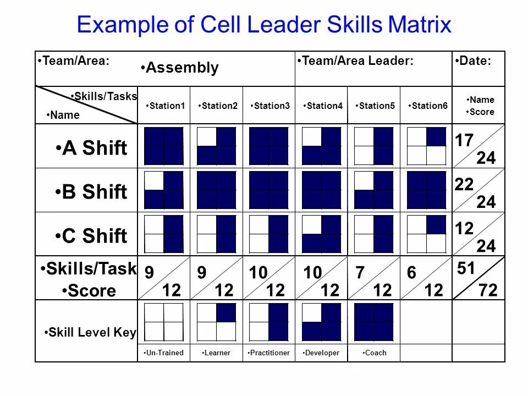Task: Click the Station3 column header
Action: [271, 106]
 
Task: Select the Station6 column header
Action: [429, 106]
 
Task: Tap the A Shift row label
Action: [92, 148]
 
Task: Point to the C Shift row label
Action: [92, 236]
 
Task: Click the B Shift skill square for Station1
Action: [163, 190]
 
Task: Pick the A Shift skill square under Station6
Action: [427, 146]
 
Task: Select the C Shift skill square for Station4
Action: [322, 234]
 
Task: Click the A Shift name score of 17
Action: [464, 141]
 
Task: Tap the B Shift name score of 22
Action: [464, 185]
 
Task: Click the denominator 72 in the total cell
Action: [488, 290]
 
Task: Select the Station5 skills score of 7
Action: [360, 273]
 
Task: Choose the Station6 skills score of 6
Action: [412, 273]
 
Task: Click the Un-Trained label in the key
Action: [164, 353]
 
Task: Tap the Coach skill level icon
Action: [374, 322]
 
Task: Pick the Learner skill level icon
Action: [217, 322]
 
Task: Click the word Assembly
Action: [180, 68]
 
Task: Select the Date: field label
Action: [474, 62]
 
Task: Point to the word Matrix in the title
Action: [420, 25]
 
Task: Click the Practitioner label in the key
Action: [269, 353]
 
